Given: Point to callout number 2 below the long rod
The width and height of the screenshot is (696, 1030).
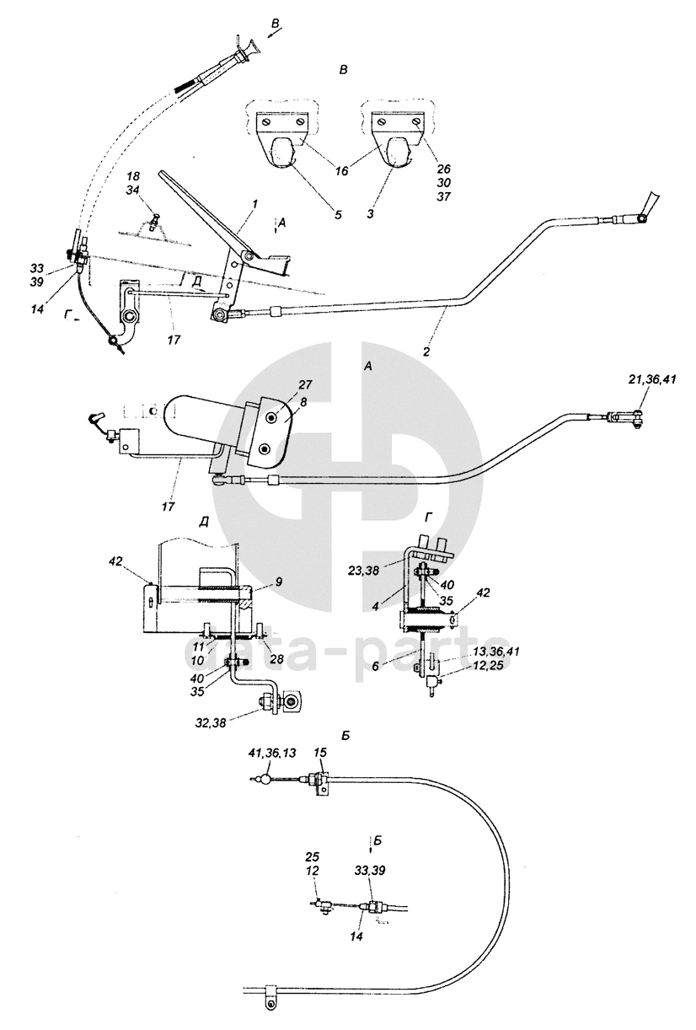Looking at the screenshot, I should coord(426,351).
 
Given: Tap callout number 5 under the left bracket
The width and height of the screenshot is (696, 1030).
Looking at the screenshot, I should coord(337,215).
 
